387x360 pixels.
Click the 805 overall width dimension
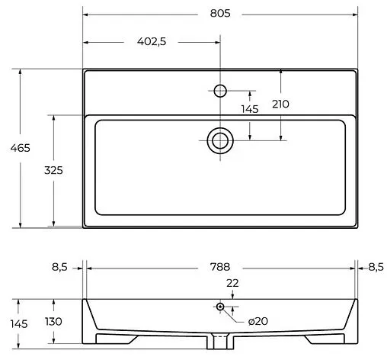point(220,13)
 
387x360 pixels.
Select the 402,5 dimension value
point(152,41)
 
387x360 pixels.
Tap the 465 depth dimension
point(21,148)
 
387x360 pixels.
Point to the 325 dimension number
point(53,170)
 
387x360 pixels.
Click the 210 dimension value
point(280,104)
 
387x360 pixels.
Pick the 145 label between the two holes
point(250,109)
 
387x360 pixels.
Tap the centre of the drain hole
point(220,140)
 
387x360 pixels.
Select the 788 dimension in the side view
point(220,267)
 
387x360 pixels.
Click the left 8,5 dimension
point(59,267)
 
